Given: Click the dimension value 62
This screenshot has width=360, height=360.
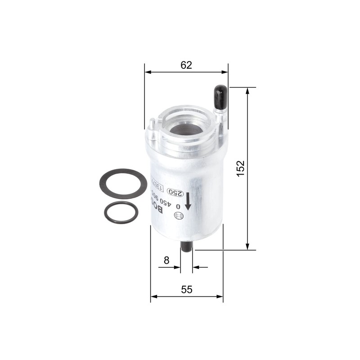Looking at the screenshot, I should [x=186, y=65].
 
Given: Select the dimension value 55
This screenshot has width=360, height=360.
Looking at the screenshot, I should [x=186, y=290].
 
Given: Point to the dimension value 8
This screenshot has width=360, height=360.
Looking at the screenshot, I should [x=166, y=260].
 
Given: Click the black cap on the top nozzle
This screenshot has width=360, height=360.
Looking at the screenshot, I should [x=220, y=95].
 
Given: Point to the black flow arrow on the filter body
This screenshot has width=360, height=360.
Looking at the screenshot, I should [x=188, y=199].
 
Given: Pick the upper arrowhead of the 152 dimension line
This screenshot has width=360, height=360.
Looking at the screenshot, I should [x=247, y=90].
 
